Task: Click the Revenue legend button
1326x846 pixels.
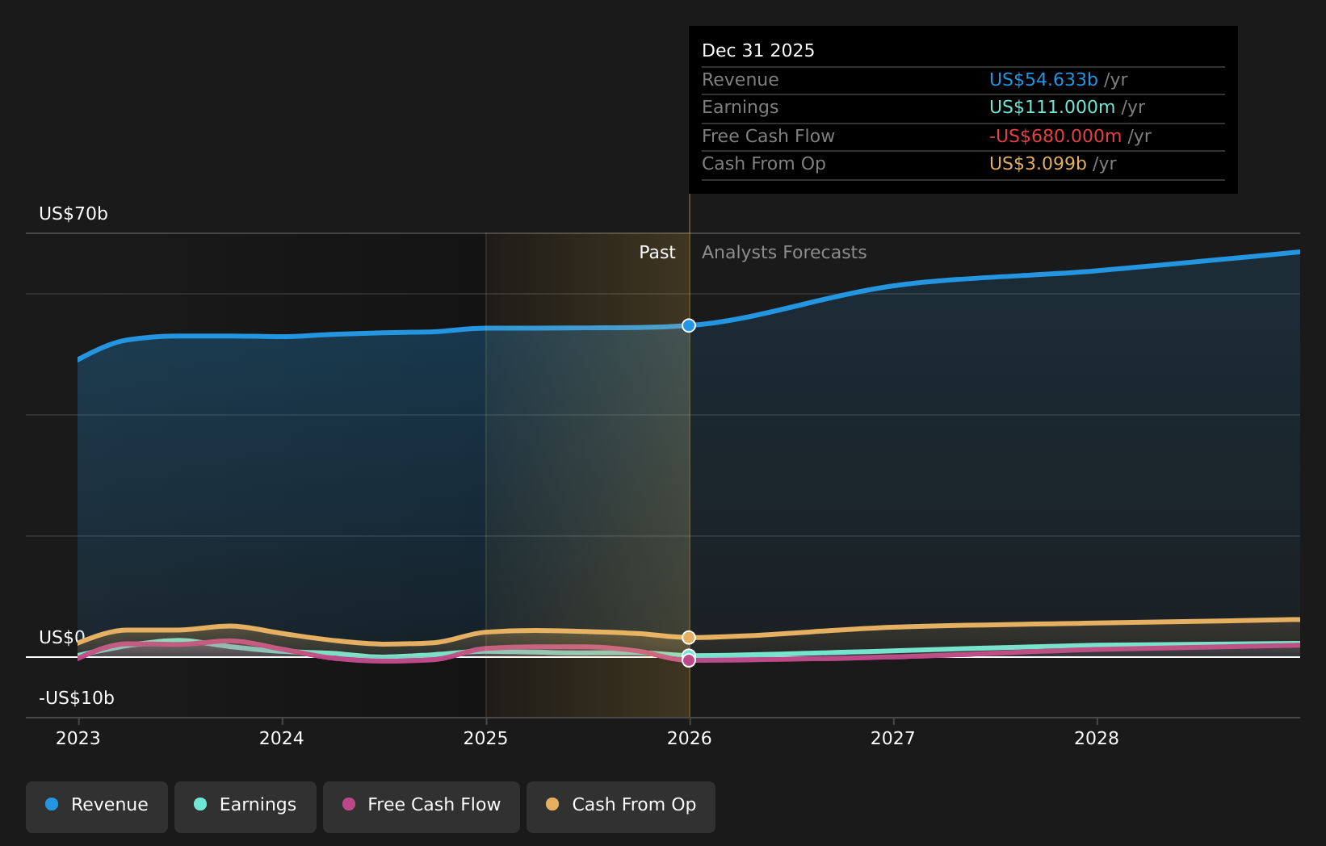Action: (97, 806)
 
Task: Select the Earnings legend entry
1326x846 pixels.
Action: (245, 806)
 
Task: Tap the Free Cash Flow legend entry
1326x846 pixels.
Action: (422, 806)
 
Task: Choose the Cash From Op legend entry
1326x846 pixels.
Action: (621, 806)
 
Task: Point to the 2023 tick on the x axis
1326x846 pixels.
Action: (78, 739)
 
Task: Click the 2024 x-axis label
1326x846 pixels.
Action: (282, 739)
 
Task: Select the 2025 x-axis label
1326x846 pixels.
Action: (485, 739)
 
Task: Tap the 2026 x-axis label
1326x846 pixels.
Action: (690, 739)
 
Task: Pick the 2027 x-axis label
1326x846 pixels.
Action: (893, 739)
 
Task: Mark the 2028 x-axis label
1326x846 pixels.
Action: (1097, 739)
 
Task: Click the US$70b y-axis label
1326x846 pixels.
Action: (73, 214)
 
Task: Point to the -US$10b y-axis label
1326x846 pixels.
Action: (77, 698)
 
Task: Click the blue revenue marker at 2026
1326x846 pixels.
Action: (689, 325)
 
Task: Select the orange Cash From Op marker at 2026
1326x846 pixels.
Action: (689, 638)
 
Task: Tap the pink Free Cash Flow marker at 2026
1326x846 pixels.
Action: (689, 660)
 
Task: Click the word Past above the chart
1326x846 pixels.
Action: (657, 253)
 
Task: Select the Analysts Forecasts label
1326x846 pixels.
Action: (784, 253)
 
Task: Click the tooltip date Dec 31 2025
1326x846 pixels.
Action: (758, 51)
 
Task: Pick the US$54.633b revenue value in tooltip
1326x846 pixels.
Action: (1043, 80)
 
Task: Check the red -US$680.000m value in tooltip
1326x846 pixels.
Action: (1055, 136)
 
